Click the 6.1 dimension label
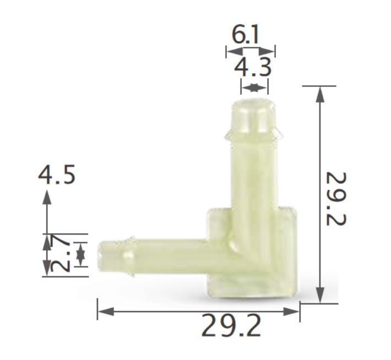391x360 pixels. [x=246, y=35]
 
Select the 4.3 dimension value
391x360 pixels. [x=253, y=68]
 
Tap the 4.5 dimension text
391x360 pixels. [x=57, y=176]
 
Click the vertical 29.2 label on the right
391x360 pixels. [x=338, y=199]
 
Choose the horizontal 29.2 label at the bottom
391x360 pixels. [x=231, y=326]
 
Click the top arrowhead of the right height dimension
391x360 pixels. [x=319, y=94]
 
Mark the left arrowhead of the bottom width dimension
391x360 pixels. [x=105, y=312]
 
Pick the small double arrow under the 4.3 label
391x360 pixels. [x=254, y=87]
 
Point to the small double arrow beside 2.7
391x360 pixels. [x=81, y=254]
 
